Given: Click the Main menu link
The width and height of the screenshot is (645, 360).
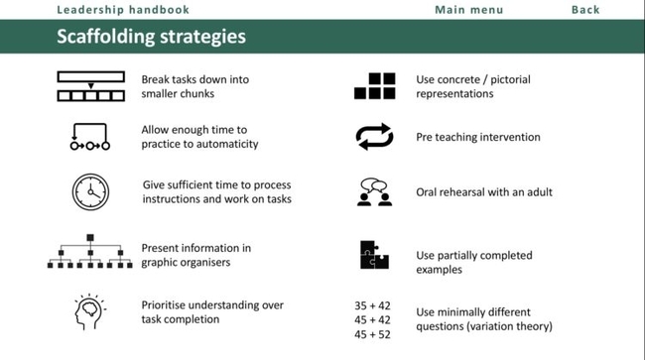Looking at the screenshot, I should coord(468,10).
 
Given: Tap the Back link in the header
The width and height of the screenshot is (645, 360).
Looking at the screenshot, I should coord(585,10).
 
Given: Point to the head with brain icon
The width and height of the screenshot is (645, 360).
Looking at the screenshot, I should coord(89,311).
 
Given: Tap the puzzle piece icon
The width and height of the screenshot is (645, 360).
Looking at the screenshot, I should coord(373,256).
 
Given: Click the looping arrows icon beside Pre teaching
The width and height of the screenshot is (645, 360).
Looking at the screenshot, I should coord(374,138).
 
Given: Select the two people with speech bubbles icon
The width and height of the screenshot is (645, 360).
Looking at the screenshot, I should coord(373,192).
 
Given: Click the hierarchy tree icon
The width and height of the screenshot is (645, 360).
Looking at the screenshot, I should coord(89,252).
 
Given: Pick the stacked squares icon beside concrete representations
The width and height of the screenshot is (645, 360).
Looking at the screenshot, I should coord(374,86).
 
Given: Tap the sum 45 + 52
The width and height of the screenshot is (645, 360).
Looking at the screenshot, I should coord(374,334).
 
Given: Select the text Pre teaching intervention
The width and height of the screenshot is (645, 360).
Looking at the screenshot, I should coord(477,138).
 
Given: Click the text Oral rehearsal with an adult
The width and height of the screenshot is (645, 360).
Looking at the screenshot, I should coord(483,192).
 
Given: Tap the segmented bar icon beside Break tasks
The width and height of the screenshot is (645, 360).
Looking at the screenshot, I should coord(90,86).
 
